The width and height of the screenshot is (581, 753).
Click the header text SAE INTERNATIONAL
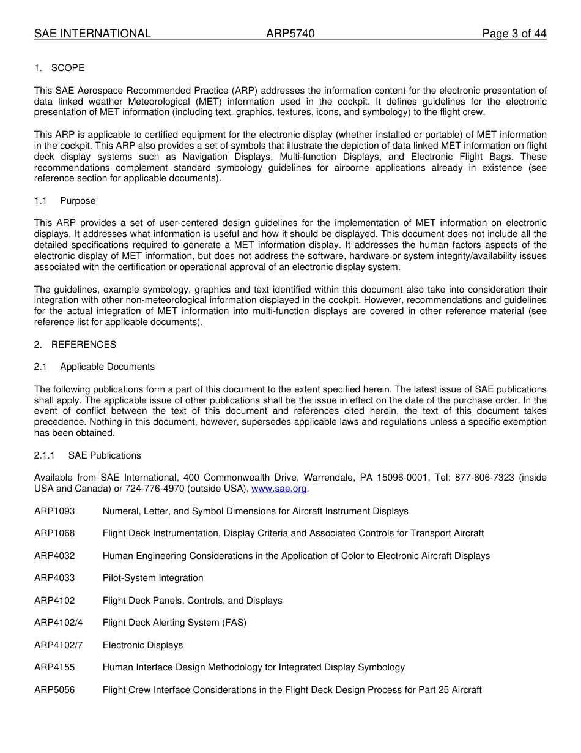click(x=92, y=34)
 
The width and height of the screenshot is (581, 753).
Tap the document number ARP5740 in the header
click(x=290, y=34)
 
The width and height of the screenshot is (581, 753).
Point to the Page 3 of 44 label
click(x=514, y=34)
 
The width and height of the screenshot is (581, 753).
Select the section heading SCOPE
click(x=68, y=68)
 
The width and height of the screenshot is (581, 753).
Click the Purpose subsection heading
click(x=78, y=201)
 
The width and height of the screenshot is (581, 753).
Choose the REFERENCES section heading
click(x=83, y=345)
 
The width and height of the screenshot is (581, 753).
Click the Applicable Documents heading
click(x=107, y=367)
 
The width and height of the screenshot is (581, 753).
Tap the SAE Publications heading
click(x=105, y=455)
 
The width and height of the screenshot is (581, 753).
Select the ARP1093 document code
click(x=54, y=511)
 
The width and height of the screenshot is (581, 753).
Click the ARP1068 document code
click(x=54, y=533)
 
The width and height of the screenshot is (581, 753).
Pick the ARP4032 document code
click(x=54, y=556)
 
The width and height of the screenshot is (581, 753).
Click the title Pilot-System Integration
click(x=153, y=578)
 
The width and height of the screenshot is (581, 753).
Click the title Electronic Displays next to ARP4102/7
click(x=142, y=645)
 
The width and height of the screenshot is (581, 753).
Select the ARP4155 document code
click(x=54, y=667)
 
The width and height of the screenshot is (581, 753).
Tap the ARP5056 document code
click(x=54, y=690)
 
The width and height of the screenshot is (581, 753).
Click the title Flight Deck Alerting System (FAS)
click(x=174, y=623)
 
